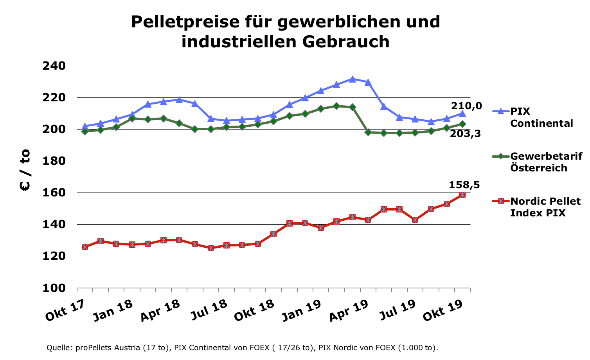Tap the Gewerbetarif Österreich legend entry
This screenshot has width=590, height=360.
click(x=546, y=162)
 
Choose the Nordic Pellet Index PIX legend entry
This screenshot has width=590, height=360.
click(x=545, y=207)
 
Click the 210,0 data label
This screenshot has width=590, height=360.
click(x=466, y=106)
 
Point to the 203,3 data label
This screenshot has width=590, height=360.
click(x=466, y=134)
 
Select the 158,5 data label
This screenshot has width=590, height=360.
click(x=464, y=185)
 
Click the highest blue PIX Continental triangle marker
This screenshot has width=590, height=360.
click(x=353, y=79)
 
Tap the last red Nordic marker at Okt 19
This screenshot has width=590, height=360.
click(x=462, y=195)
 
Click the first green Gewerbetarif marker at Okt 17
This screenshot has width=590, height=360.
click(x=85, y=131)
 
